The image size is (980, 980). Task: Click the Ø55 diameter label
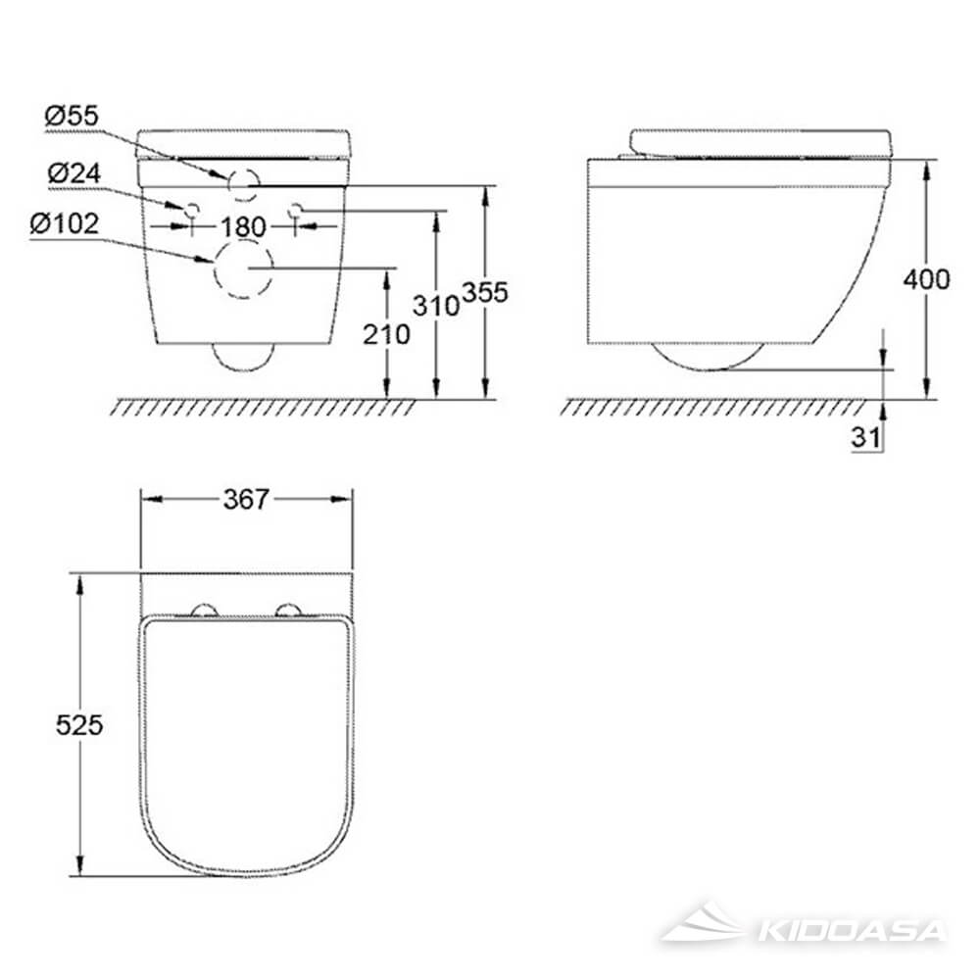[x=72, y=116]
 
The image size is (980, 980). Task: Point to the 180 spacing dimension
[x=243, y=226]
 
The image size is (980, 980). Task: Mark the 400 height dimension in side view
[x=926, y=279]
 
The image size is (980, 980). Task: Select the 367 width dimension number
[x=245, y=500]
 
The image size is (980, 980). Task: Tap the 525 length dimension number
[x=78, y=724]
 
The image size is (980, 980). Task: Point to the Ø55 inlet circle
[x=243, y=181]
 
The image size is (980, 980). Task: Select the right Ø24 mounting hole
[x=296, y=209]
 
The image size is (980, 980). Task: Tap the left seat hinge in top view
[x=206, y=612]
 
